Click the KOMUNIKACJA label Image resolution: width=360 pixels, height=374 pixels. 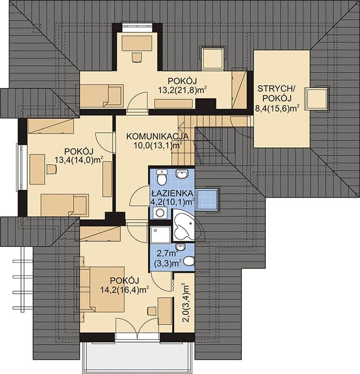click(x=157, y=136)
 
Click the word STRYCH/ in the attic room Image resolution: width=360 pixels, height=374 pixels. click(x=276, y=88)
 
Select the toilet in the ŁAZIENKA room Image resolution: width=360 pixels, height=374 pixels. click(x=161, y=177)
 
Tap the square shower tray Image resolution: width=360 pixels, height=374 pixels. click(x=160, y=235)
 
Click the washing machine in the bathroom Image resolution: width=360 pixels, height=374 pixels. click(x=160, y=213)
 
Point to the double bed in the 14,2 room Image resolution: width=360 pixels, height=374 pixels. click(x=102, y=289)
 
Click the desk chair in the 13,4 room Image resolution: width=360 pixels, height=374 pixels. click(x=51, y=169)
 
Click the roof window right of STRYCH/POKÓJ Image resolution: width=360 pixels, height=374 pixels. click(x=316, y=99)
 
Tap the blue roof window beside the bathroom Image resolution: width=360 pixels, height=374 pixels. click(x=207, y=200)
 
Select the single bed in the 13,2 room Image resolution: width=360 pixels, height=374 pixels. click(x=101, y=95)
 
